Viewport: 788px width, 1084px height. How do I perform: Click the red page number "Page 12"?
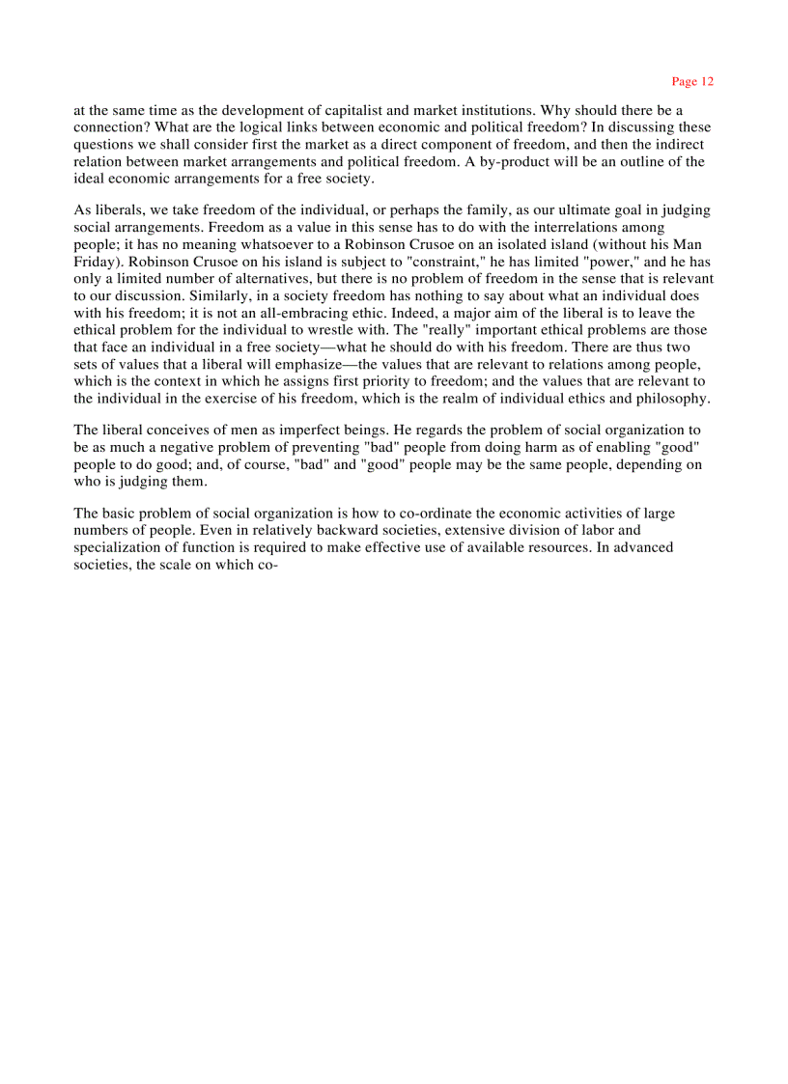692,82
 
